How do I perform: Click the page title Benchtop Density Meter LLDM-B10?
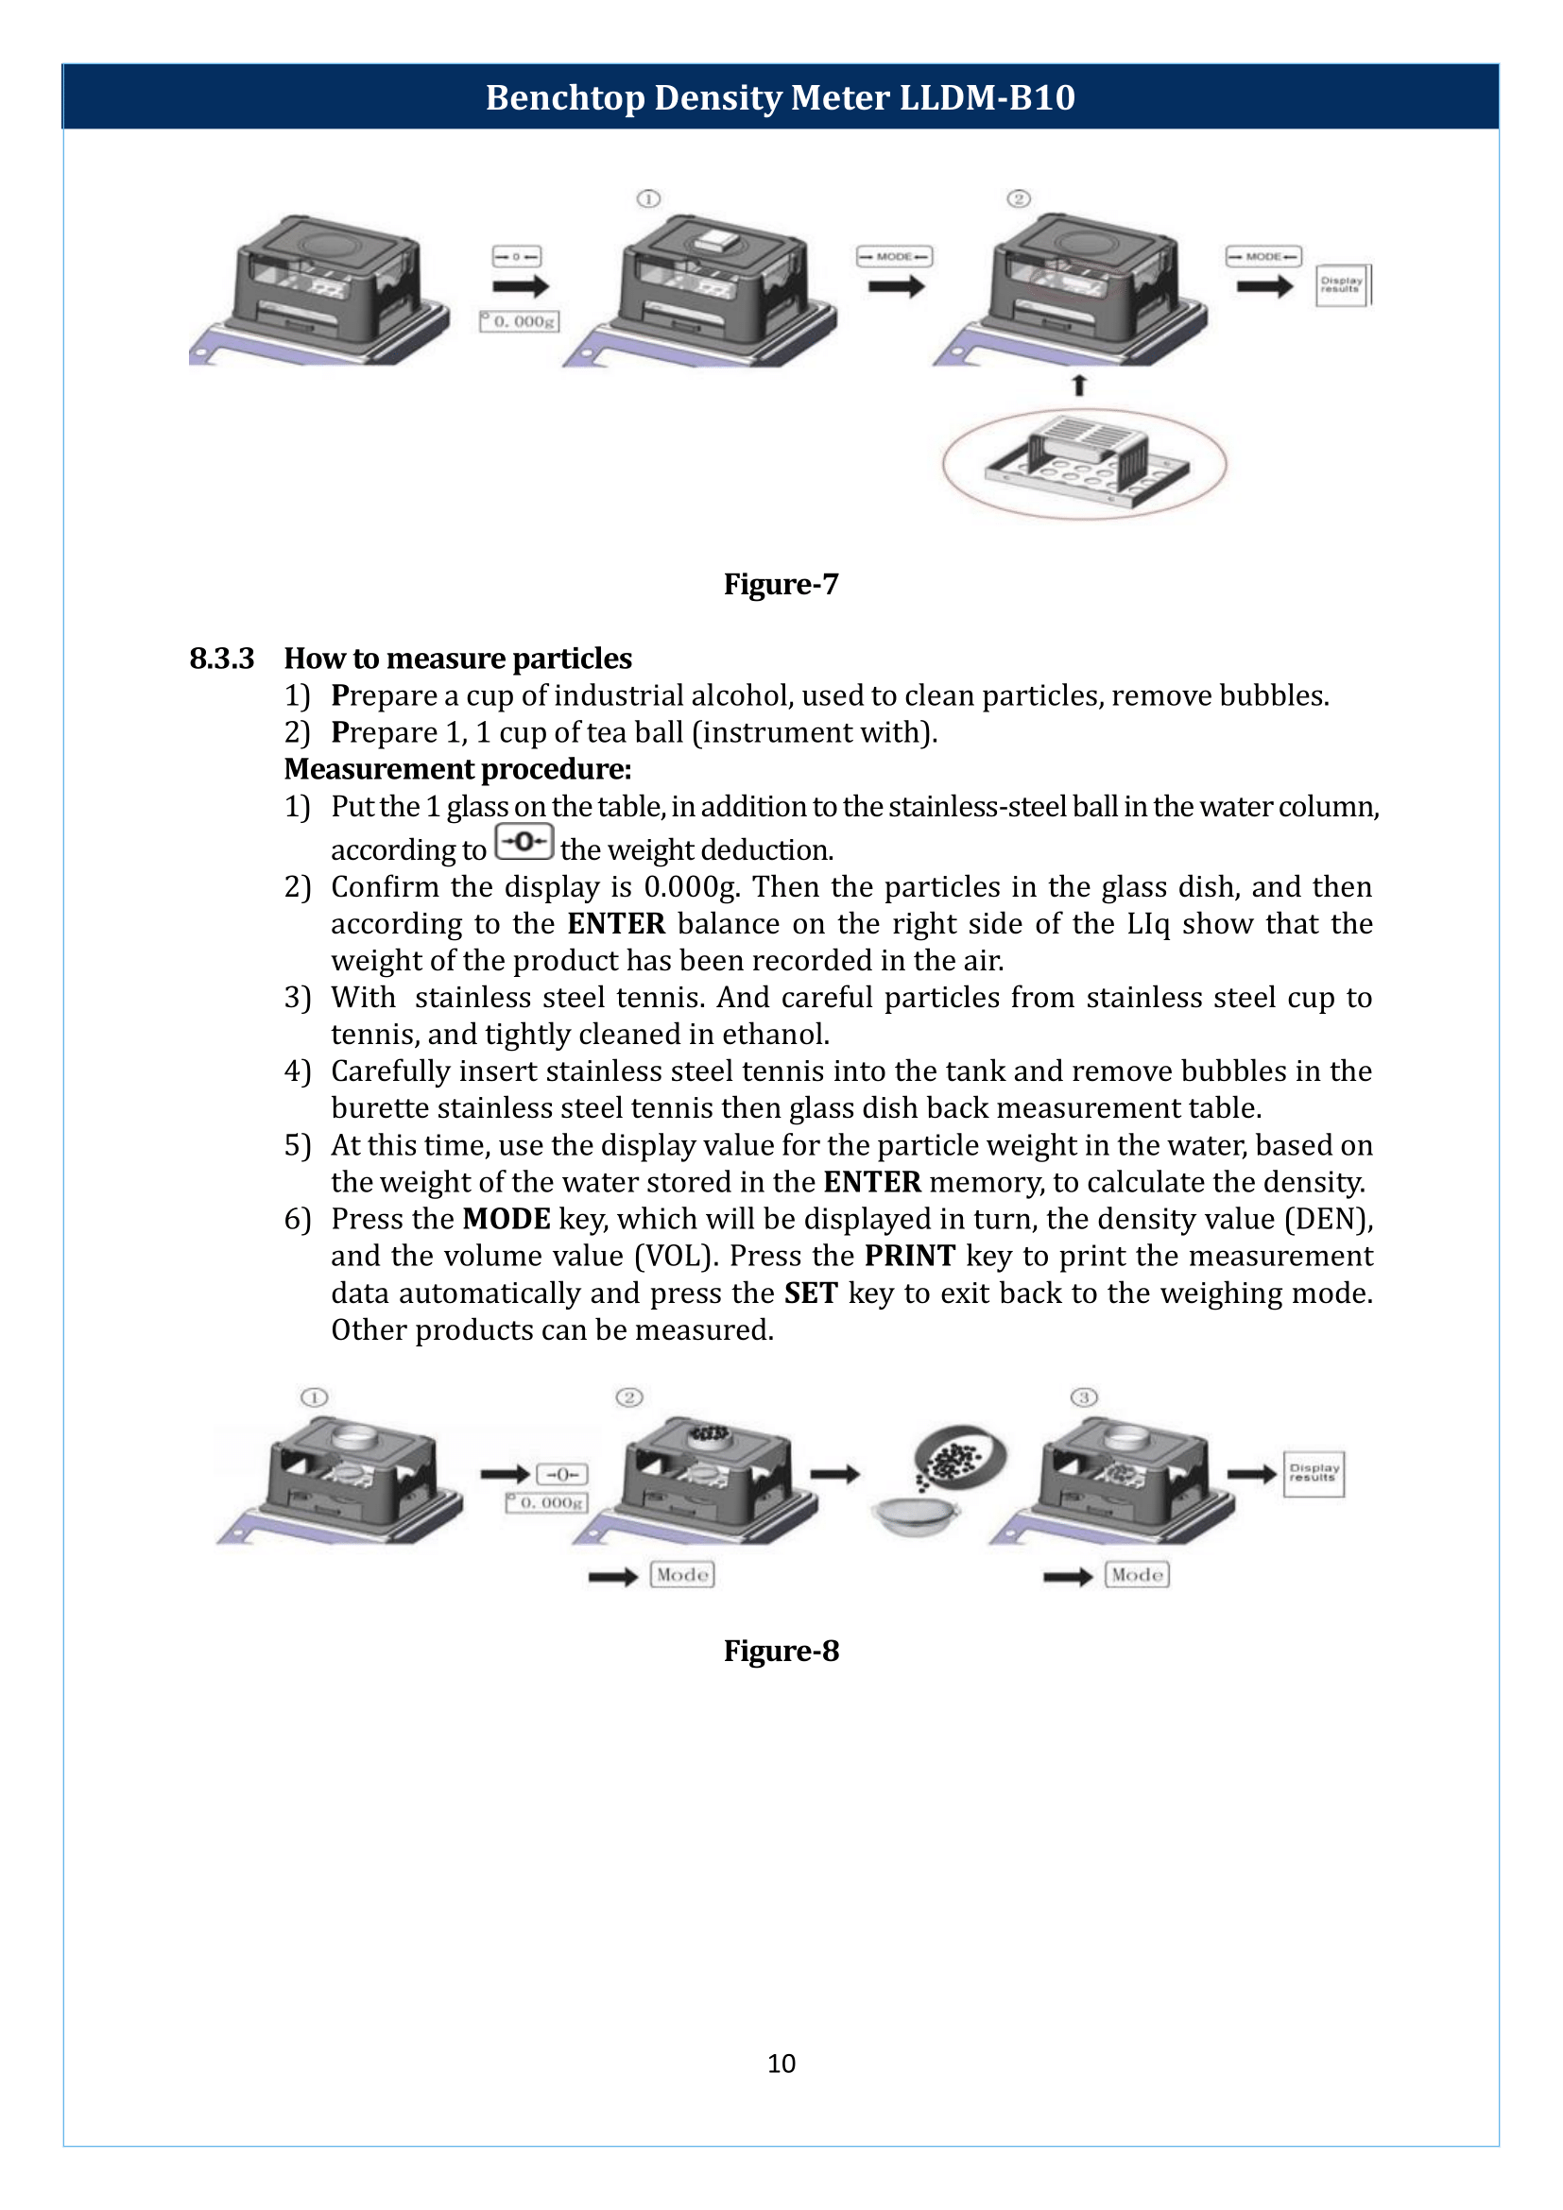click(780, 97)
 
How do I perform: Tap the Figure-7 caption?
click(781, 584)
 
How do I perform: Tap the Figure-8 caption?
click(781, 1651)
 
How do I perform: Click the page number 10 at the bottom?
click(781, 2063)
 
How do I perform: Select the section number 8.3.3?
click(221, 659)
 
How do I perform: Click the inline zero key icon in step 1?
click(524, 842)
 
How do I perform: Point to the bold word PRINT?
click(909, 1256)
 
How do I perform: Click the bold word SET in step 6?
click(811, 1293)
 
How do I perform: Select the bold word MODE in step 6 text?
click(507, 1220)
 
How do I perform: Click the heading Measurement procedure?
click(457, 769)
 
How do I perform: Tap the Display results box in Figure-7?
click(1342, 285)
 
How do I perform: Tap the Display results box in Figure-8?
click(1313, 1474)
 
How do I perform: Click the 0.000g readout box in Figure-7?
click(520, 321)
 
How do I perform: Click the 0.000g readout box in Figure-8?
click(546, 1502)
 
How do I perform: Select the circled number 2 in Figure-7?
click(1019, 199)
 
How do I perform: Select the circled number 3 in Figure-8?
click(1084, 1396)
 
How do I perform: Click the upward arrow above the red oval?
click(1079, 385)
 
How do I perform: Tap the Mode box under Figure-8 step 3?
click(1137, 1575)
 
